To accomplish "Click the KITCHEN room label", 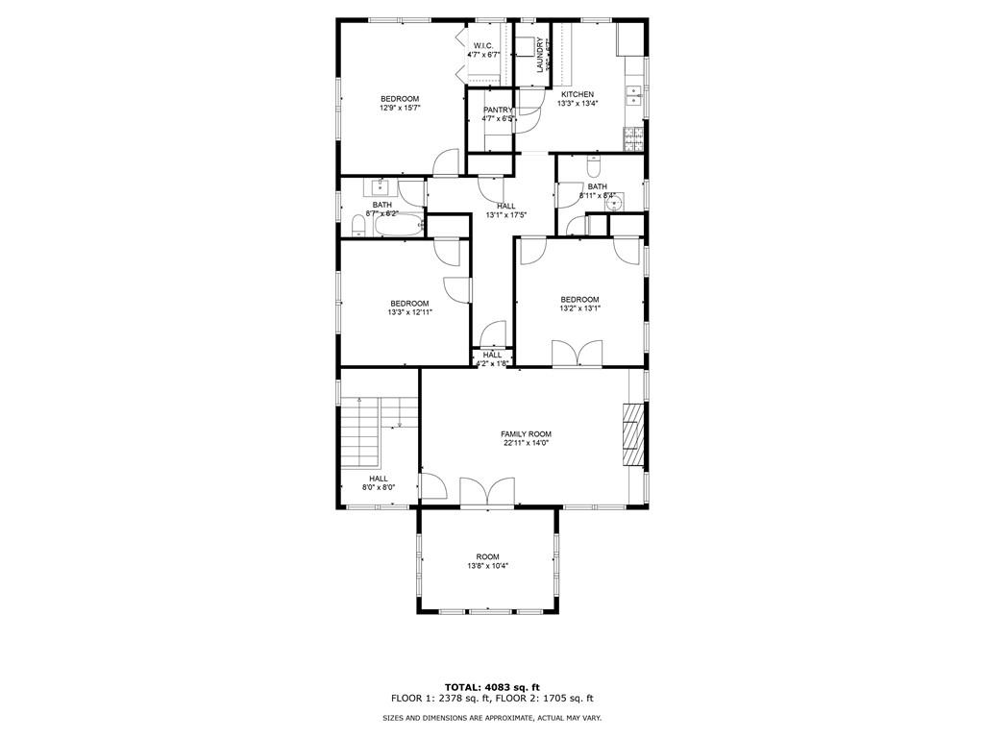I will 577,94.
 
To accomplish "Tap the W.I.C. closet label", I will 482,45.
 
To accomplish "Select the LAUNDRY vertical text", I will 541,54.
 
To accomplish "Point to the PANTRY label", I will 498,110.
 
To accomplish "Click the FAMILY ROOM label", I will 526,434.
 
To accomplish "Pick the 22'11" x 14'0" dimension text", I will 526,444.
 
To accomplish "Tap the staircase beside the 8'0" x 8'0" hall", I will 362,437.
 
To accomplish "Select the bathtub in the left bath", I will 398,227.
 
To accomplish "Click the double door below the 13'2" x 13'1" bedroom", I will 577,354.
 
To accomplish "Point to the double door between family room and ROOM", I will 488,492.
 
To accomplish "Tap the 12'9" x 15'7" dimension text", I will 400,108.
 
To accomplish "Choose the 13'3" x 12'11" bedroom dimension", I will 409,312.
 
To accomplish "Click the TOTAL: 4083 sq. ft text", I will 492,686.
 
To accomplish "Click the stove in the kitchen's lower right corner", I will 633,140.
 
